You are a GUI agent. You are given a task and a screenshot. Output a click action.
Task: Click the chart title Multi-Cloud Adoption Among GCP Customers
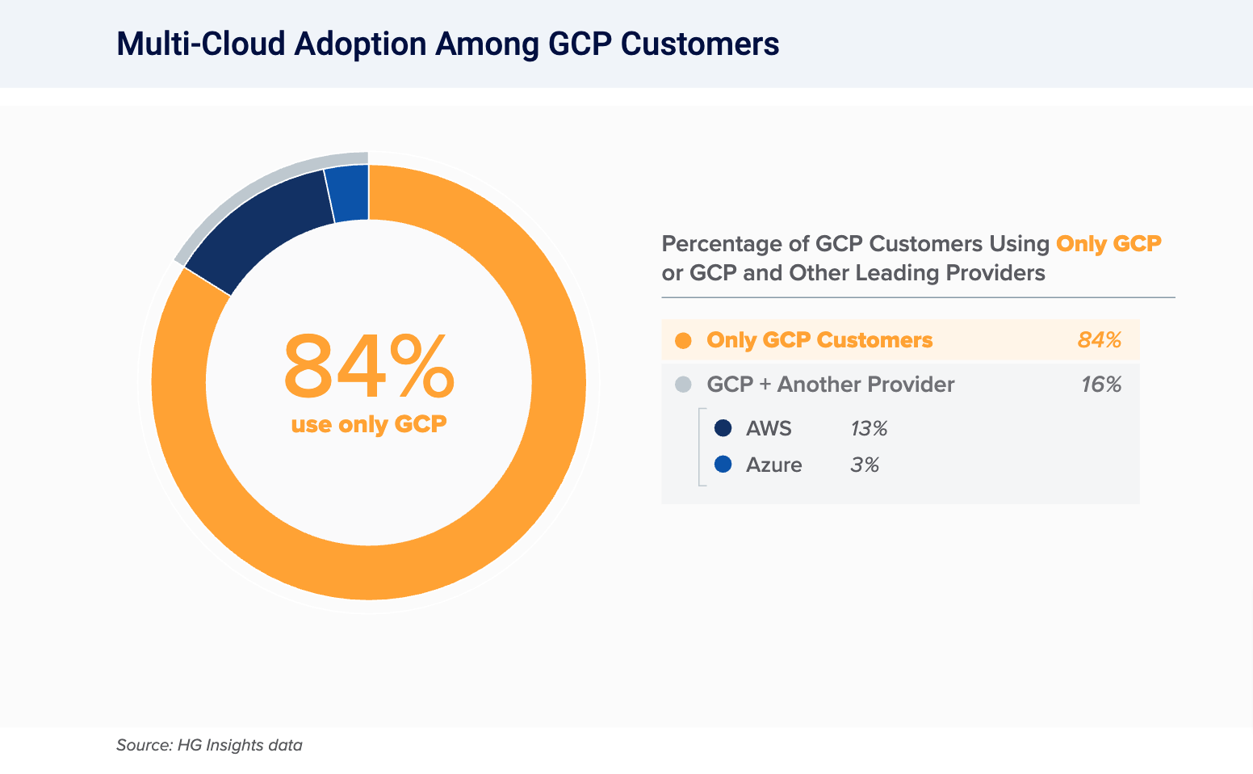[447, 44]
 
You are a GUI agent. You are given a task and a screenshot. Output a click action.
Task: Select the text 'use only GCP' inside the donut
[369, 424]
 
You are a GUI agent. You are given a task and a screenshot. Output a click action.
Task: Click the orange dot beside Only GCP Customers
[683, 340]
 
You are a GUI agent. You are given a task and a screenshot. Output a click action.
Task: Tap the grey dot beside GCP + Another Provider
[683, 385]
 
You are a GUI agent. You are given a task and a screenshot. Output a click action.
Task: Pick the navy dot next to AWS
[723, 428]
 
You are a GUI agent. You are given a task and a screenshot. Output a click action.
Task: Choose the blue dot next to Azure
[723, 465]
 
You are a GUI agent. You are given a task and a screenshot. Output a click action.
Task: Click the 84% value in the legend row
[1100, 340]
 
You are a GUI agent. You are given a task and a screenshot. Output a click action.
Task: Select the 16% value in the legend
[1101, 385]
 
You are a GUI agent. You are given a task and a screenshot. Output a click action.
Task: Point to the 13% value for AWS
[869, 429]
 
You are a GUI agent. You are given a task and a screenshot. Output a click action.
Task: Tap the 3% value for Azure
[865, 465]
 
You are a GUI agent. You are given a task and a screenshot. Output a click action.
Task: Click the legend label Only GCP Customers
[819, 340]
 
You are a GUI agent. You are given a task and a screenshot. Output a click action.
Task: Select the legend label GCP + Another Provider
[830, 385]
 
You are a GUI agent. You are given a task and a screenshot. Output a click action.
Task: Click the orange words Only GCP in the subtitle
[1108, 243]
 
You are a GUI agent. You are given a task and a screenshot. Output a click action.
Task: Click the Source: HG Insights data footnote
[209, 745]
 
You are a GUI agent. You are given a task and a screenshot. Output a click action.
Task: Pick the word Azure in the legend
[773, 465]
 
